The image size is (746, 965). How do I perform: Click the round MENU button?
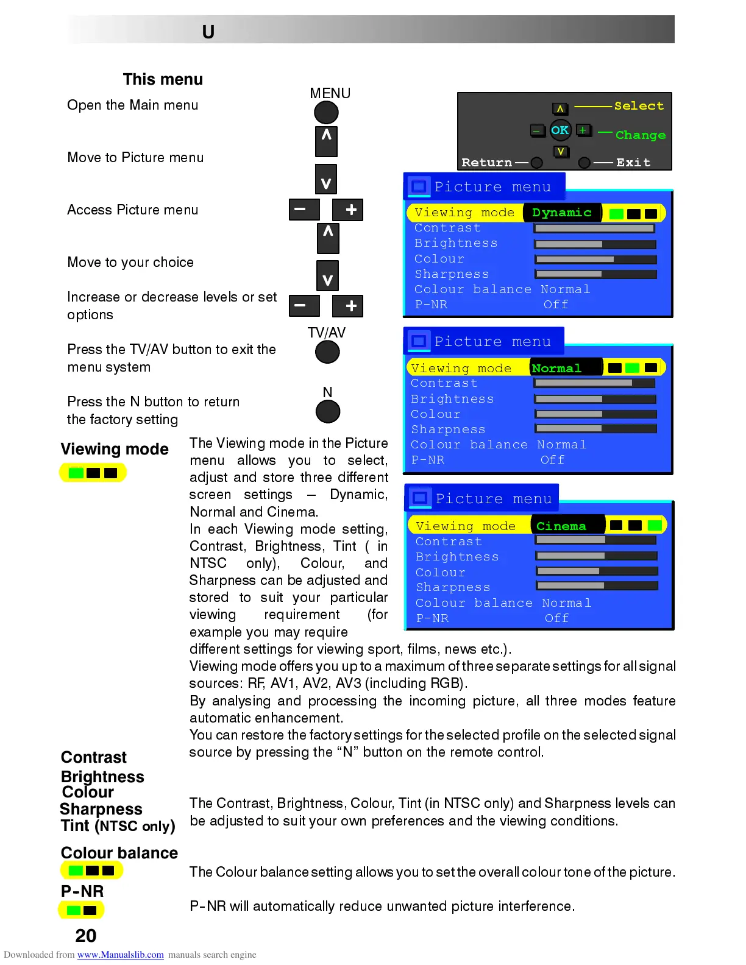click(326, 112)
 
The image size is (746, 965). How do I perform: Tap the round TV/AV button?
click(327, 352)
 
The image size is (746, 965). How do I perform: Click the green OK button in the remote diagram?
click(559, 130)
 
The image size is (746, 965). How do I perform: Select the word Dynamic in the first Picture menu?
click(561, 213)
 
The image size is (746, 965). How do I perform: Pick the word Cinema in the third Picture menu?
click(561, 526)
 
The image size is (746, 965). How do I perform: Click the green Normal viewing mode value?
click(556, 368)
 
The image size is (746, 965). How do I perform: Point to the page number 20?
click(86, 935)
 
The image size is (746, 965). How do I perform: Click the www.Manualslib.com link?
click(120, 955)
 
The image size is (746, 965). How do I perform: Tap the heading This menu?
click(163, 79)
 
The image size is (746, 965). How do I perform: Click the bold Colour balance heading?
click(119, 853)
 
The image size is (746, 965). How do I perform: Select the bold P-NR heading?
click(82, 891)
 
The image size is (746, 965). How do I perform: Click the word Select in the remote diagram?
click(639, 106)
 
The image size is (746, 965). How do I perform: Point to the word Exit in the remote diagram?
click(633, 163)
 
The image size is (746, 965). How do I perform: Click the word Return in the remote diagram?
click(486, 163)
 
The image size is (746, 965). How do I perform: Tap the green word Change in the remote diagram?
click(640, 135)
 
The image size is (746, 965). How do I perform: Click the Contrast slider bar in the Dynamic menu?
click(594, 228)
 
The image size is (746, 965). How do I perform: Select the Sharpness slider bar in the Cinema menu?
click(597, 586)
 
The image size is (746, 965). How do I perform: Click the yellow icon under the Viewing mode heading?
click(93, 473)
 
